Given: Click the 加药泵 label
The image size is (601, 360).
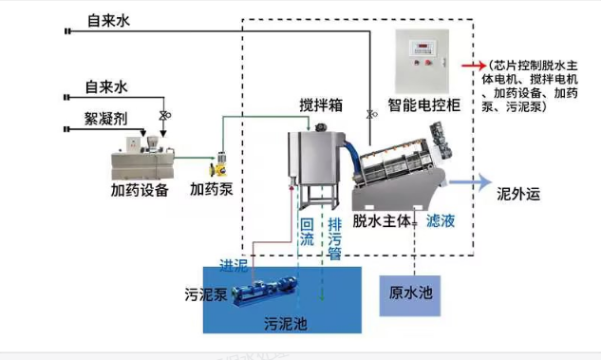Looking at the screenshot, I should pos(211,189).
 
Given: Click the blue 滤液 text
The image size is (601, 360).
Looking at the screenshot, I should pos(441,220).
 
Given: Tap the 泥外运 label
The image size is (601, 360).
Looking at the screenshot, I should pos(518,195).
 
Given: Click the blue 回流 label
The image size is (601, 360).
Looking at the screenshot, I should pos(307,234).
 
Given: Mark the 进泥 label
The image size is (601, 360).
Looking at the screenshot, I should pos(234,263).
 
